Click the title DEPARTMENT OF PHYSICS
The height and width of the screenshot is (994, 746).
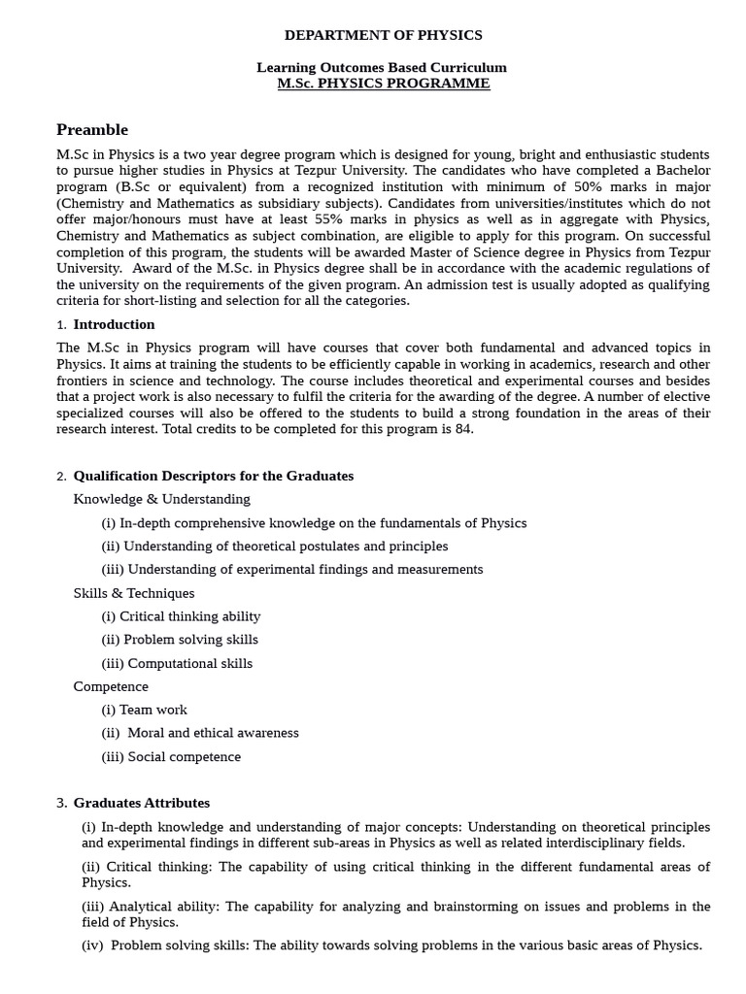coord(383,35)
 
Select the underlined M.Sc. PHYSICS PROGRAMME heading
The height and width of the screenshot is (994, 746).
coord(383,83)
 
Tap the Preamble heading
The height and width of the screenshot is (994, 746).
coord(92,130)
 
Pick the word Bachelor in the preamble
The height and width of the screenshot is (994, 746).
coord(682,171)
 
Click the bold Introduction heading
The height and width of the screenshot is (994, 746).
coord(114,324)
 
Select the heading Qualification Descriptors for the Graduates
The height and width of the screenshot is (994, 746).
coord(214,476)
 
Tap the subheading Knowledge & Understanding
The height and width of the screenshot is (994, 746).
coord(161,499)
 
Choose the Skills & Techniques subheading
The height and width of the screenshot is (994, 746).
coord(134,593)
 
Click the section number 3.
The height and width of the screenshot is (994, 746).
coord(61,803)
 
